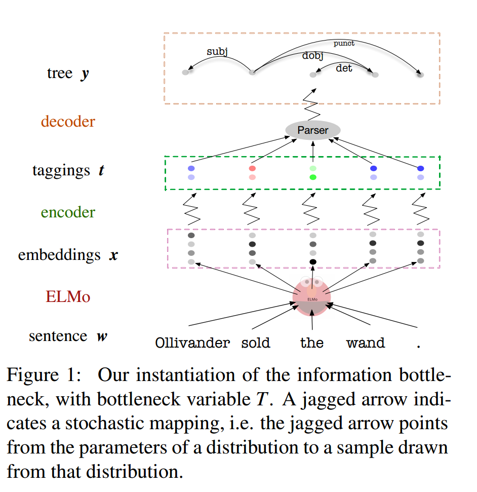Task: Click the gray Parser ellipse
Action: pos(313,130)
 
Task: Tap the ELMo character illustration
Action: pos(312,295)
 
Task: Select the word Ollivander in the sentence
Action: pos(192,343)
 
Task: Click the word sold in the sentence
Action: pos(256,343)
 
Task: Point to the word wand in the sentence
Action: pos(365,343)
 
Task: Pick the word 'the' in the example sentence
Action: pos(311,343)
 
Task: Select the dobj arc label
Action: pos(312,56)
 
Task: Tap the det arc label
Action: pos(344,68)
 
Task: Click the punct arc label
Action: pos(344,43)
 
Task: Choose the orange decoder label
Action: pos(68,122)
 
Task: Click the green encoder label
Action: pos(68,212)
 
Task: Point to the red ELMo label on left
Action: pos(68,296)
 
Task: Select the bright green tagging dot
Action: pos(312,177)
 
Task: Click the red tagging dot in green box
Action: pos(252,168)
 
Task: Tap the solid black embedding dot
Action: pos(313,261)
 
